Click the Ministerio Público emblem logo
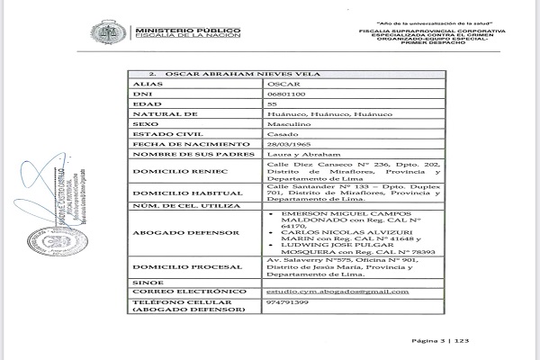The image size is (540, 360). (105, 34)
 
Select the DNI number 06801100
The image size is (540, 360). (287, 94)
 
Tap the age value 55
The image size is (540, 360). (274, 107)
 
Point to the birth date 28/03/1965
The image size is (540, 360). (290, 144)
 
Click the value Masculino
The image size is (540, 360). (289, 120)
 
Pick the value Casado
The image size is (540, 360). (283, 131)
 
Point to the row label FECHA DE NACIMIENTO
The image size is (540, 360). (177, 144)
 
